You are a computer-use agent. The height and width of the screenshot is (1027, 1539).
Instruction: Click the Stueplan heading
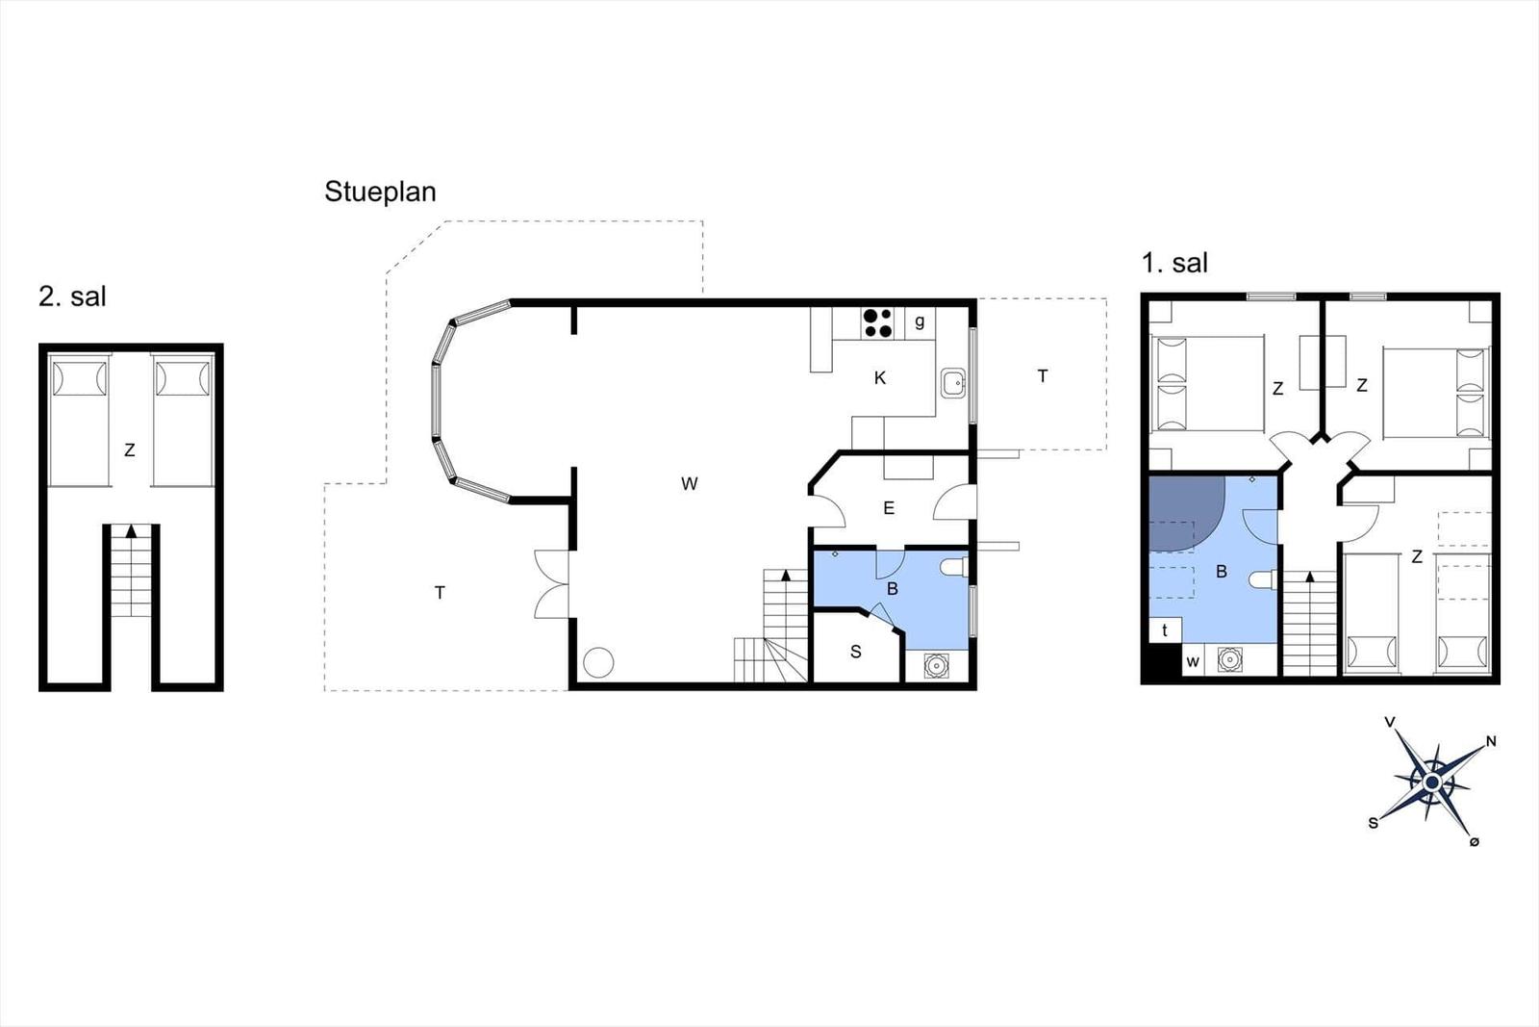(380, 193)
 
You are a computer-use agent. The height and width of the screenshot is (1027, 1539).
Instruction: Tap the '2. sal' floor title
(72, 297)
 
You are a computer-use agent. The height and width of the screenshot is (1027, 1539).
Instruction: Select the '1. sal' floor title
(1174, 264)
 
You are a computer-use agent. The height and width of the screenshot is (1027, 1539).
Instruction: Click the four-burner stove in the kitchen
(878, 323)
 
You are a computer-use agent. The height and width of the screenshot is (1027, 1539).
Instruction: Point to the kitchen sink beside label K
(953, 384)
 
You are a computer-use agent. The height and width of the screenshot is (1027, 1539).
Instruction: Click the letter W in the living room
(689, 484)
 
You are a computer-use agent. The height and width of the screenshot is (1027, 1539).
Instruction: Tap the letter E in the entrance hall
(889, 508)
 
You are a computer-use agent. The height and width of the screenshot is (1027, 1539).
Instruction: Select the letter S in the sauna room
(855, 652)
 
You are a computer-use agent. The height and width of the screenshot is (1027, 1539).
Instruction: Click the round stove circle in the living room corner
(598, 662)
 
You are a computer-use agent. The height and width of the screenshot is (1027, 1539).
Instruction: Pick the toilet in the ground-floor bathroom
(954, 567)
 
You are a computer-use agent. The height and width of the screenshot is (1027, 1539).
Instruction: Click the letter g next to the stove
(920, 321)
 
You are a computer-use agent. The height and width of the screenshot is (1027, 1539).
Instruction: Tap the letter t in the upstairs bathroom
(1165, 629)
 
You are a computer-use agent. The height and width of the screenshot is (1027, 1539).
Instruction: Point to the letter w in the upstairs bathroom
(1193, 662)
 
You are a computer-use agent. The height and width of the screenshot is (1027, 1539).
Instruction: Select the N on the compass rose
(1491, 741)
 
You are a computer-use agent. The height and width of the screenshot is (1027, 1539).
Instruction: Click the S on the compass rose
(1374, 823)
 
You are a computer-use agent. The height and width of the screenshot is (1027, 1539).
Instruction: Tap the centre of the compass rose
(1432, 783)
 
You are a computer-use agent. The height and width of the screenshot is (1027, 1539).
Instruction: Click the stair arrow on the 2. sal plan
(131, 530)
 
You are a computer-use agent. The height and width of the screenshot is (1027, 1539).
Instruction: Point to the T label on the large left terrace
(440, 593)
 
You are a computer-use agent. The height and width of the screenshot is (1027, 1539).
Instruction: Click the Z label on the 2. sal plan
(129, 450)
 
